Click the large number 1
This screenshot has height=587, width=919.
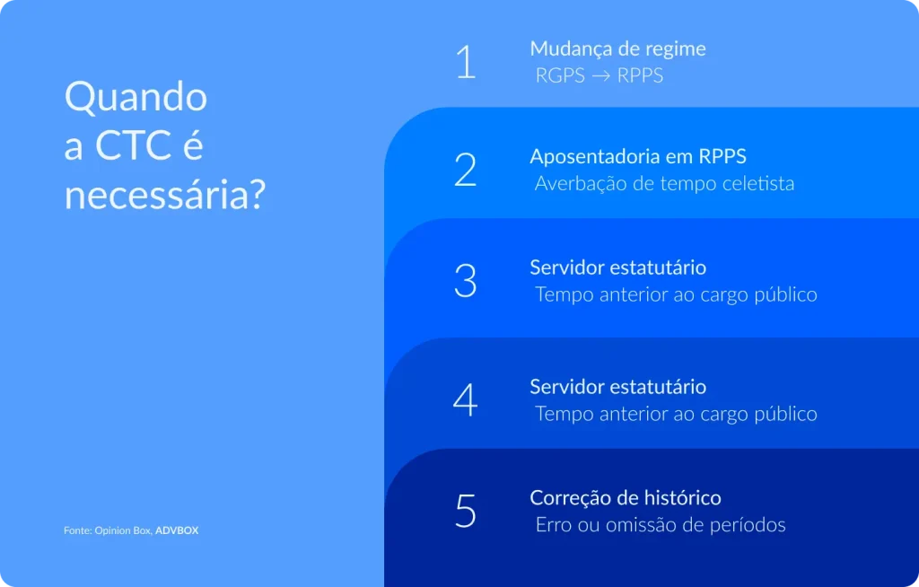pyautogui.click(x=466, y=62)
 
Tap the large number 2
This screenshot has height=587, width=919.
pyautogui.click(x=465, y=170)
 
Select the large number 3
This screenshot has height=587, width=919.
pyautogui.click(x=465, y=280)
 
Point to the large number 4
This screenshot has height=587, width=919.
pyautogui.click(x=465, y=400)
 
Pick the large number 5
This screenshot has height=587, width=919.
pyautogui.click(x=465, y=511)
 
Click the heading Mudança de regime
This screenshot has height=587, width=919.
pyautogui.click(x=617, y=48)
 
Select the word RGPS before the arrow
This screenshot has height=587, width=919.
pyautogui.click(x=560, y=76)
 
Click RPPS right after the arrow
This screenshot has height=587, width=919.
pyautogui.click(x=640, y=76)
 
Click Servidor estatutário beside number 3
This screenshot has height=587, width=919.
pyautogui.click(x=617, y=267)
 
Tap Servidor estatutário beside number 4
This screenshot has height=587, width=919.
pyautogui.click(x=617, y=387)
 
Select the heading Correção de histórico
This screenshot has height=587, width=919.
pyautogui.click(x=625, y=497)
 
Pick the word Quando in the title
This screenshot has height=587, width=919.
pyautogui.click(x=136, y=97)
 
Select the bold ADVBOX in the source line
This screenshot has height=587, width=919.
pyautogui.click(x=177, y=530)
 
